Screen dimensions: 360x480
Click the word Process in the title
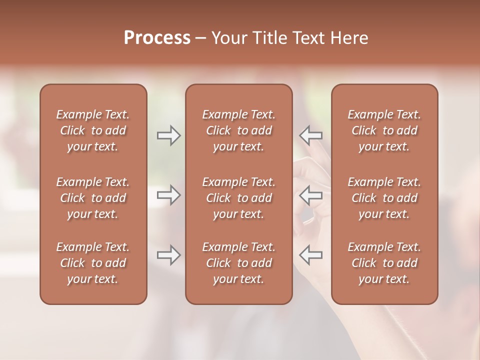(157, 38)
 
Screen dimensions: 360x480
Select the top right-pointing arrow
(169, 135)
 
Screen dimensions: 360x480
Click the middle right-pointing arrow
(169, 195)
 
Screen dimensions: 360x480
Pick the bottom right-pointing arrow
(169, 255)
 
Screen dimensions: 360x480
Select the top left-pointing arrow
(311, 135)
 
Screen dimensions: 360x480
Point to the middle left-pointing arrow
(311, 195)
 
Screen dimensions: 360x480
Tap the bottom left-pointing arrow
(311, 255)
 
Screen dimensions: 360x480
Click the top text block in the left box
(93, 130)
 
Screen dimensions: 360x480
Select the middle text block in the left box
(93, 198)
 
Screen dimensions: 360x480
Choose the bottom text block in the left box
(93, 263)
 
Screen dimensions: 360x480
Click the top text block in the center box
(239, 130)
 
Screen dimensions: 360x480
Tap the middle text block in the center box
(239, 198)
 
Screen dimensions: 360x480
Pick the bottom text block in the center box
(239, 263)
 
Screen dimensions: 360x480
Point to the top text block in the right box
(384, 130)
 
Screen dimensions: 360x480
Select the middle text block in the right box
(384, 198)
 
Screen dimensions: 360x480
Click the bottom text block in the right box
(384, 263)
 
